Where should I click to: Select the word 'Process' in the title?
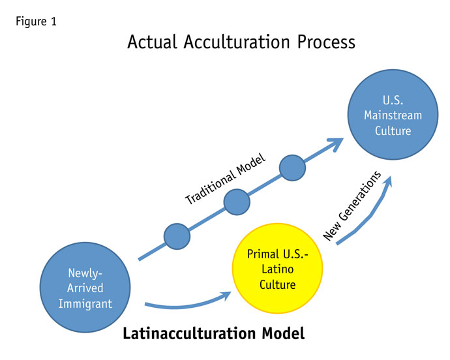(322, 43)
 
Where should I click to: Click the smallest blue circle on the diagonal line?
(176, 236)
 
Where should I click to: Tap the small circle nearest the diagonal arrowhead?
(293, 168)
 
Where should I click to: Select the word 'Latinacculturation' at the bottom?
(187, 335)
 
